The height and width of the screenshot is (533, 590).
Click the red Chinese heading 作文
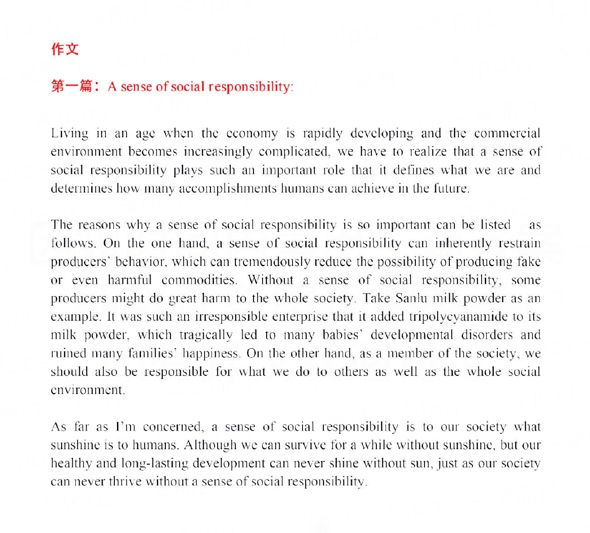point(65,49)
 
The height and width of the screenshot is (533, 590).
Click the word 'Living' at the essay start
point(69,134)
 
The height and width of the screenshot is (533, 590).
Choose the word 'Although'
point(210,445)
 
